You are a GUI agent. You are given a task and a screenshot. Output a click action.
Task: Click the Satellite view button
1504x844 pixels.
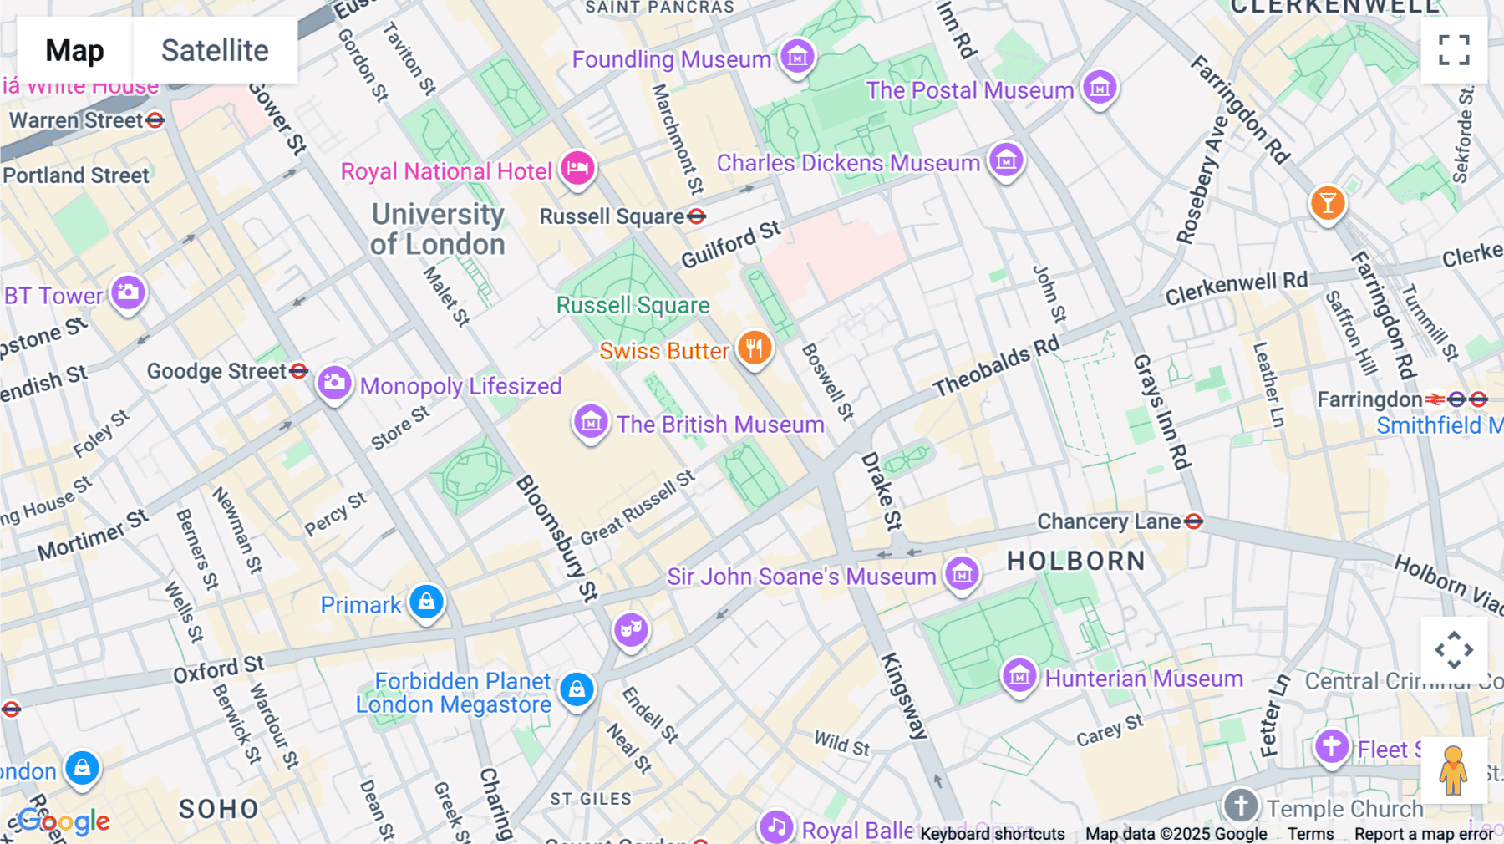[215, 50]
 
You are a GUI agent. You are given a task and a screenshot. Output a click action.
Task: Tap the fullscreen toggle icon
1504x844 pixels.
[1454, 50]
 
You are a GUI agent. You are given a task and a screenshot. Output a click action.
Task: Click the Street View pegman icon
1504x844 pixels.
[1453, 770]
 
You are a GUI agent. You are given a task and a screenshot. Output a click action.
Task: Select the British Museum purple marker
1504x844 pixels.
[591, 422]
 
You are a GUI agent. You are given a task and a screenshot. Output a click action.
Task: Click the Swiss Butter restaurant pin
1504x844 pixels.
[755, 348]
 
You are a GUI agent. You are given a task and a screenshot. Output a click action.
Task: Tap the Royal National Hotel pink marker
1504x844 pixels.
[577, 168]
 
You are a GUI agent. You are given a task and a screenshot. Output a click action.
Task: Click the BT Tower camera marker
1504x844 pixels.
[128, 292]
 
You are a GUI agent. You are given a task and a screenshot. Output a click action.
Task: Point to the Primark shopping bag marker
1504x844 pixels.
[426, 602]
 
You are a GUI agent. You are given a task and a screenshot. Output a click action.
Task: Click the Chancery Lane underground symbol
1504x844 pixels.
[1194, 521]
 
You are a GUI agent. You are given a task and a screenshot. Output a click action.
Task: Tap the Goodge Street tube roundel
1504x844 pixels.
[299, 370]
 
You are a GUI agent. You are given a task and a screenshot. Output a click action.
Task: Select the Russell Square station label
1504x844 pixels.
[612, 216]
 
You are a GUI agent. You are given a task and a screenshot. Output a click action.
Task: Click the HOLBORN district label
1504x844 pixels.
[1076, 561]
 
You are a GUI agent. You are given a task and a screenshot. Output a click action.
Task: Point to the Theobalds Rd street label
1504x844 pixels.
[996, 366]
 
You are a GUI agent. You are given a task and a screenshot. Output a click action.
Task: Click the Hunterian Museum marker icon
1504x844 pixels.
[1019, 675]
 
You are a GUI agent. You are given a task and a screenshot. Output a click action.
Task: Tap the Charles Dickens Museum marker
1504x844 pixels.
[1006, 159]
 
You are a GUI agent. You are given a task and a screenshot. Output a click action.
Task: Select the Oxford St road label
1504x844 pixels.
[218, 669]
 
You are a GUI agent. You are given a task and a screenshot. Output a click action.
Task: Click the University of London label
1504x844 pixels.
[438, 229]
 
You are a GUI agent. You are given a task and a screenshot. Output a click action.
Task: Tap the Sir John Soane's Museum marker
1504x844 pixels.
[962, 574]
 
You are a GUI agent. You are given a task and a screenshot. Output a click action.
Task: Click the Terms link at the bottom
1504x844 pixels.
[1310, 833]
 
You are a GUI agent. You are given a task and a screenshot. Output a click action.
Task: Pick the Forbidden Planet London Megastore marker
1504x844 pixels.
[577, 690]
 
